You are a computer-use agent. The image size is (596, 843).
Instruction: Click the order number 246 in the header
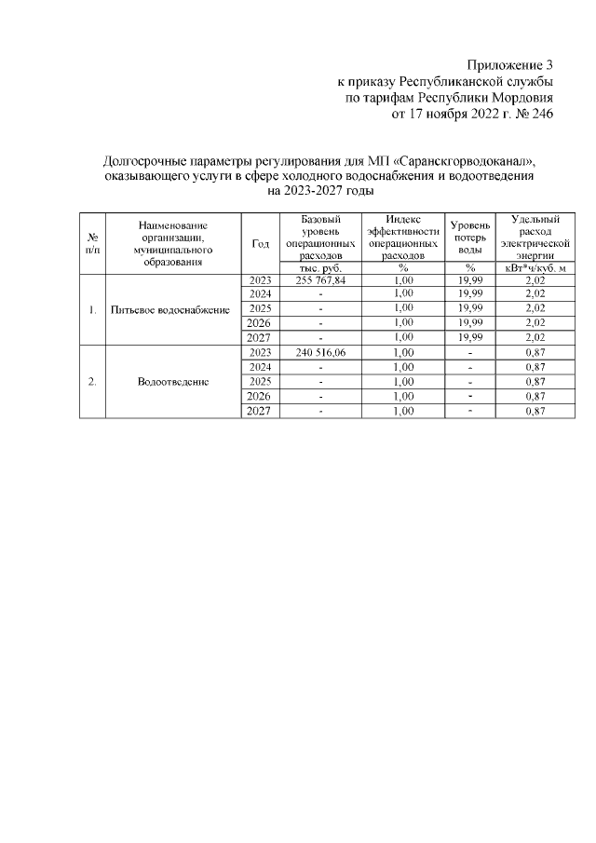click(x=540, y=115)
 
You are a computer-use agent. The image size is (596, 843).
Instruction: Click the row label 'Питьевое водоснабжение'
click(x=170, y=309)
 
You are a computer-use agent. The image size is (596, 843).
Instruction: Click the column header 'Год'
click(x=261, y=243)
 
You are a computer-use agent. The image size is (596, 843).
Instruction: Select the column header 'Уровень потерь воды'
click(x=470, y=238)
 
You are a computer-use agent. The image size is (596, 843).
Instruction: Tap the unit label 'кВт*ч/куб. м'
click(x=535, y=266)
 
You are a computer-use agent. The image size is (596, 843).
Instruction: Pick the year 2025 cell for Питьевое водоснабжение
click(x=261, y=308)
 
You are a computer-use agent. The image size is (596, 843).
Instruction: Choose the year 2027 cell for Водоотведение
click(x=261, y=411)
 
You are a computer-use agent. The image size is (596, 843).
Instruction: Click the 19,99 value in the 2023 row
click(x=470, y=279)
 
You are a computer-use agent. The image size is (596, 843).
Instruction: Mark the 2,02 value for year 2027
click(x=535, y=337)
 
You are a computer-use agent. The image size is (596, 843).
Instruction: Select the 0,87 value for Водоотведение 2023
click(x=535, y=353)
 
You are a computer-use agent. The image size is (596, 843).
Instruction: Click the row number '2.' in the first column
click(x=92, y=382)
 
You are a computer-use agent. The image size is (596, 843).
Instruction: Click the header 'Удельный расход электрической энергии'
click(x=535, y=238)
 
